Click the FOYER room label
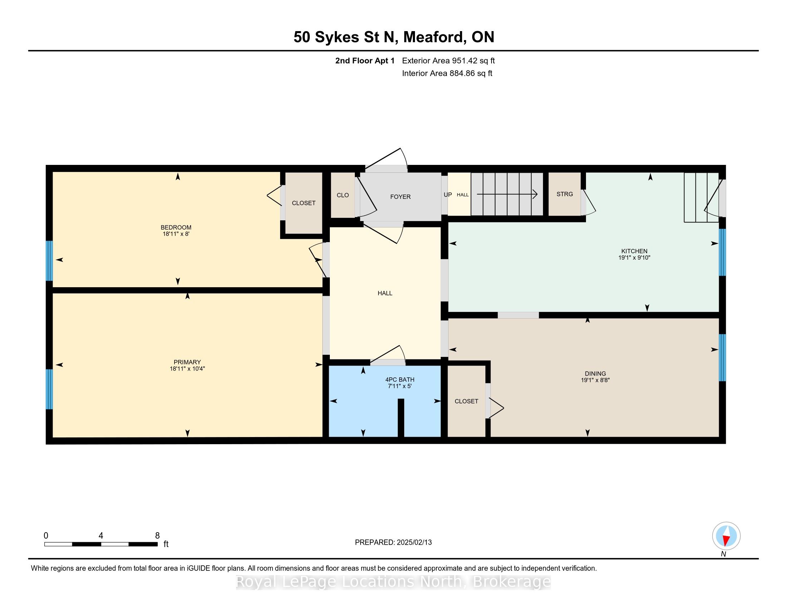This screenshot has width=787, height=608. (400, 197)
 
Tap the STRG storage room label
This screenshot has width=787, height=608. (564, 194)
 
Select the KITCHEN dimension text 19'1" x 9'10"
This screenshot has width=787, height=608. (634, 258)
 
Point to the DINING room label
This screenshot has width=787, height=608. (595, 373)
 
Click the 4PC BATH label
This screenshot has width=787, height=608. (400, 379)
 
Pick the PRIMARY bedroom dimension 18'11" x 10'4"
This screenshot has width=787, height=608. (187, 368)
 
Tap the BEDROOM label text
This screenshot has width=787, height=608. (176, 227)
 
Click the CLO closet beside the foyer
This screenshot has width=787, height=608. (343, 195)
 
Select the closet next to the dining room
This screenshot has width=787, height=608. (466, 401)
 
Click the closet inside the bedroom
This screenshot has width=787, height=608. (304, 203)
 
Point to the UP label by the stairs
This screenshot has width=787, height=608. (448, 195)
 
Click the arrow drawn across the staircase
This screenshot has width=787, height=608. (507, 194)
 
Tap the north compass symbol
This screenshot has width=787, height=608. (726, 536)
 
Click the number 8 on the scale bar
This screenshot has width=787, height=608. (157, 536)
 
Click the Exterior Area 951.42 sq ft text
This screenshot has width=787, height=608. (448, 60)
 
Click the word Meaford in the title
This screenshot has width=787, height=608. (434, 37)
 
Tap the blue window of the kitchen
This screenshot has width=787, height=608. (722, 252)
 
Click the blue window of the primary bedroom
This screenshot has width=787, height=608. (49, 389)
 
